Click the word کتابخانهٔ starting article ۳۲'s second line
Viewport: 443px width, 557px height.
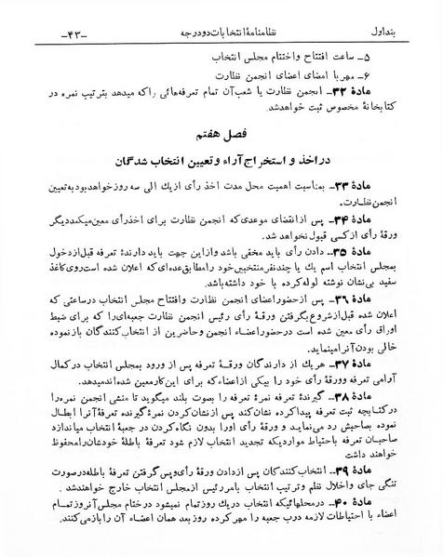[387, 92]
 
